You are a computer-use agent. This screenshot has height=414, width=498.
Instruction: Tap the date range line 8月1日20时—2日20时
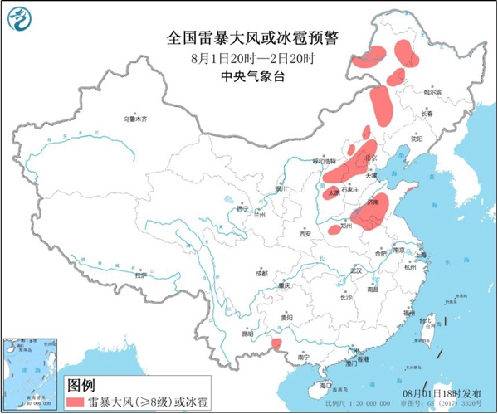click(x=254, y=58)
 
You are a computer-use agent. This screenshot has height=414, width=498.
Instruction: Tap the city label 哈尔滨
click(x=432, y=92)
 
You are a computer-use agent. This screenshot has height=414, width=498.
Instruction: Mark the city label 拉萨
click(x=140, y=274)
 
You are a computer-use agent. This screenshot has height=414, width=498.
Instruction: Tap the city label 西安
click(x=305, y=234)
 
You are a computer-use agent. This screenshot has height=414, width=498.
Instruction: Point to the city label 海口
click(x=325, y=385)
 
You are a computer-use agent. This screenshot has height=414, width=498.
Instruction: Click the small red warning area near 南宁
click(x=278, y=343)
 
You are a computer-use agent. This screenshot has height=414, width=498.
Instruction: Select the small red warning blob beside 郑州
click(x=334, y=229)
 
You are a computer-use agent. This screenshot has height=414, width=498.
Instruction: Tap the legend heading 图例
click(x=80, y=386)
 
